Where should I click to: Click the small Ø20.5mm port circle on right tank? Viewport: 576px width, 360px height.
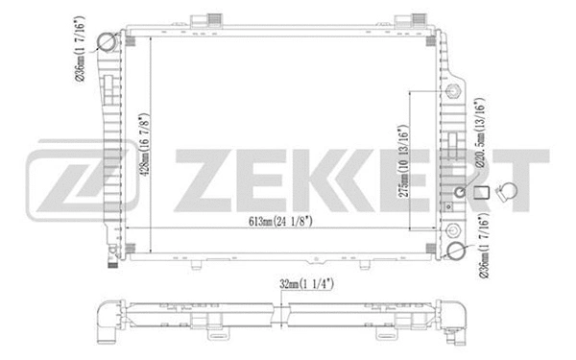point(459,193)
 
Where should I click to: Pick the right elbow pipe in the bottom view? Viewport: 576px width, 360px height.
point(459,318)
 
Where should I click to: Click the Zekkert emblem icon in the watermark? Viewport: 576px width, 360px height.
point(57,180)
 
